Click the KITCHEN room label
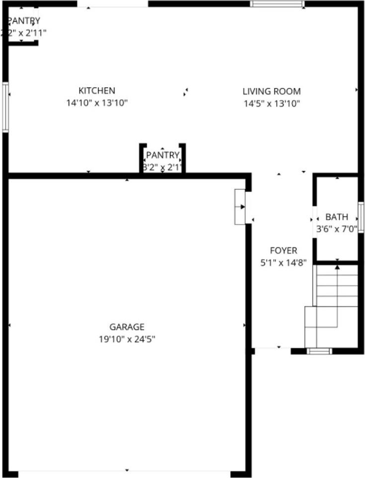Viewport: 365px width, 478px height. click(97, 91)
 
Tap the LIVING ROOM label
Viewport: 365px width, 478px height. click(272, 91)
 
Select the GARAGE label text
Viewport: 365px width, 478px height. click(127, 327)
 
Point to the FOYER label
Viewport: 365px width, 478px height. click(283, 250)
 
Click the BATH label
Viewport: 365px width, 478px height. click(337, 217)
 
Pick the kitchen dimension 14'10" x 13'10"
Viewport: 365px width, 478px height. click(97, 104)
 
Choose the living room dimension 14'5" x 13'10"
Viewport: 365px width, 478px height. click(272, 104)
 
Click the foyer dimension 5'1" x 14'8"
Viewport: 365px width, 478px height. click(283, 263)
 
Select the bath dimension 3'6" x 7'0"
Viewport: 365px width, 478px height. click(337, 230)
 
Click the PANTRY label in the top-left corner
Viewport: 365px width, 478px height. click(23, 21)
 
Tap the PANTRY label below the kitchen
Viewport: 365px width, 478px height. click(162, 155)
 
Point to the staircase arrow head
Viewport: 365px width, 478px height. click(337, 267)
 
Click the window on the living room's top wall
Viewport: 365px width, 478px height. click(277, 4)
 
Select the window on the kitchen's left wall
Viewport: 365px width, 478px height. click(5, 107)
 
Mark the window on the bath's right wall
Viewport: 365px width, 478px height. click(361, 217)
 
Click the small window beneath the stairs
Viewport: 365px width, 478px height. click(319, 351)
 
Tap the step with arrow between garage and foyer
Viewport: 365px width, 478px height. click(240, 207)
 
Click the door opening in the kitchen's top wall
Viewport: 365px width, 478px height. click(113, 4)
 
